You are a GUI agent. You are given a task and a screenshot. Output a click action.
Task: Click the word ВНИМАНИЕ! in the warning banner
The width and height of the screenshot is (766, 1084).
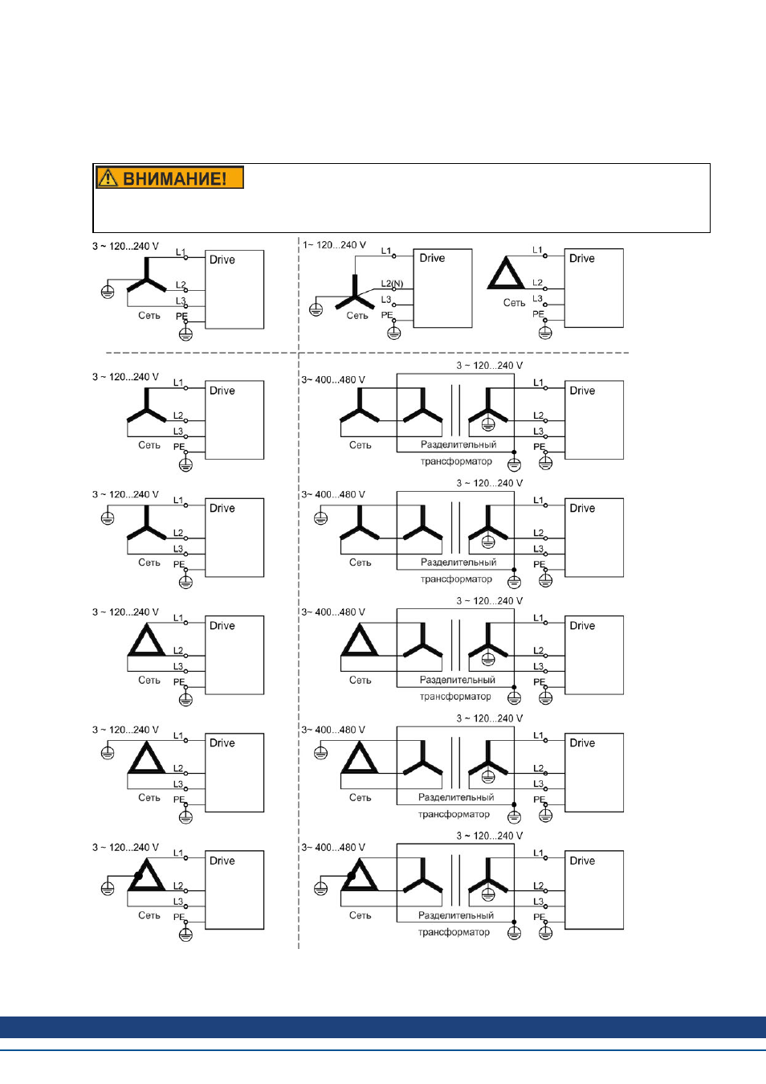point(174,178)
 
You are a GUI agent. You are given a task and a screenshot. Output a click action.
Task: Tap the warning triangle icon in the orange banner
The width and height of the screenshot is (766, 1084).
point(108,178)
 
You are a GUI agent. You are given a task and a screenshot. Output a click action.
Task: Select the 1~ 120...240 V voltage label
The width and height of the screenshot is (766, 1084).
point(334,245)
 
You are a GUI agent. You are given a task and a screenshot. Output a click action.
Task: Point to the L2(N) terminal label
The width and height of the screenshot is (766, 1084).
point(392,284)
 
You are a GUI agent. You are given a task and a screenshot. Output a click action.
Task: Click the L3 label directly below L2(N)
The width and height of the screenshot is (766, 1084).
point(385,300)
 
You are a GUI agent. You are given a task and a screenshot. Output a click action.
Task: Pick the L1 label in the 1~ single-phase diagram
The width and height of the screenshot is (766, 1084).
point(385,251)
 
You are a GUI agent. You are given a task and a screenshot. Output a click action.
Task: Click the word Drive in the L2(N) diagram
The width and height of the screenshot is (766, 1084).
point(432,258)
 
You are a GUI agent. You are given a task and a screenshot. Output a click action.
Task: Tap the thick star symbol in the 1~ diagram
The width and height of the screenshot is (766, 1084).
point(354,292)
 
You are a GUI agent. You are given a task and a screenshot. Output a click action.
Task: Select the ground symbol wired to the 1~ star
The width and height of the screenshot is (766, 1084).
point(316,309)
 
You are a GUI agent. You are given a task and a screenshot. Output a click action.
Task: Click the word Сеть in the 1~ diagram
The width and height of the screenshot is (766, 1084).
point(357,316)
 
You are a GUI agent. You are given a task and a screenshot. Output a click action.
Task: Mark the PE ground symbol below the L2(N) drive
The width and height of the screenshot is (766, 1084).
point(394,333)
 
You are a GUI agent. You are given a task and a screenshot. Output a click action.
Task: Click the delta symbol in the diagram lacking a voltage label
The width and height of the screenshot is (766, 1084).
point(506,272)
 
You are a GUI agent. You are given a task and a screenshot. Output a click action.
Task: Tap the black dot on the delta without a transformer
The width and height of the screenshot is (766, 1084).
point(138,876)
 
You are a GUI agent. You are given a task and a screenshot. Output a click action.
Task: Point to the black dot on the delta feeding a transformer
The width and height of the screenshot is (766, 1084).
point(351,876)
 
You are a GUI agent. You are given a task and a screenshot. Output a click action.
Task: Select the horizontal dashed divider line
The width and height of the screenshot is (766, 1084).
point(367,353)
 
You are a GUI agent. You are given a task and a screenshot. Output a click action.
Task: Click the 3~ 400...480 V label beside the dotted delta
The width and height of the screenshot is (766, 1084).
point(333,848)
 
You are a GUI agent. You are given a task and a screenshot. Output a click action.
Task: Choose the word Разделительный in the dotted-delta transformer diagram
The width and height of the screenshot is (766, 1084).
point(455,915)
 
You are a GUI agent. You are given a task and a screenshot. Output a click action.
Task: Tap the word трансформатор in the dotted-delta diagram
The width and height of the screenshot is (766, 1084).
point(454,931)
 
